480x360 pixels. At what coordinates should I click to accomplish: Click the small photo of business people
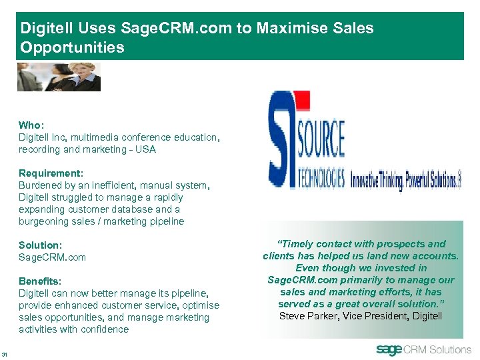pos(59,77)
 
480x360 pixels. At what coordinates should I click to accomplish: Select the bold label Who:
pos(30,125)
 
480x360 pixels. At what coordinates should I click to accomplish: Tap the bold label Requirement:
pos(51,173)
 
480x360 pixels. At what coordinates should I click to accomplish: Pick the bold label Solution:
pos(39,245)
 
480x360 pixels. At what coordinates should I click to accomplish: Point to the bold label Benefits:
pos(39,281)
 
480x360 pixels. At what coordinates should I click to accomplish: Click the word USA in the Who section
pos(145,149)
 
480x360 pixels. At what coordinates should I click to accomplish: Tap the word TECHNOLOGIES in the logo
pos(317,178)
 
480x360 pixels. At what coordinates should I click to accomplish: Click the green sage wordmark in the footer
pos(389,349)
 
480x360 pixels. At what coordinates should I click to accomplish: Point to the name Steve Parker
pos(308,315)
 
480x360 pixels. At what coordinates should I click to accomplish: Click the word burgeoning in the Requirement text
pos(45,221)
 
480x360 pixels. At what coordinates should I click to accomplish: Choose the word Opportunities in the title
pos(72,47)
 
